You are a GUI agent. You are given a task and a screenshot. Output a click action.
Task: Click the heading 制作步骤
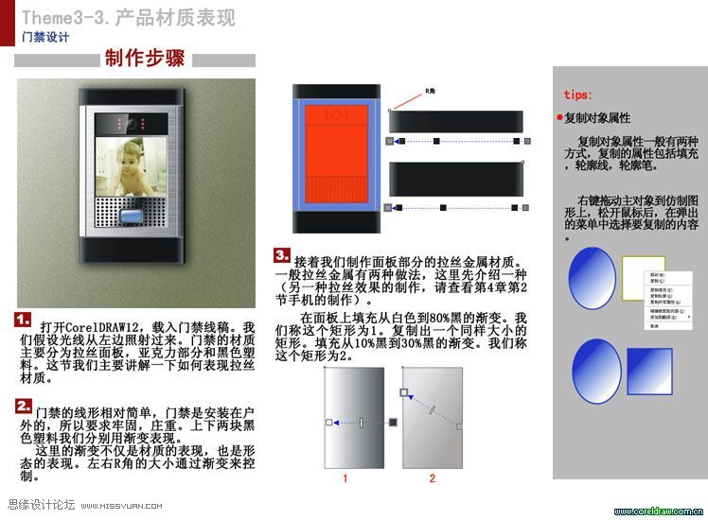pos(144,60)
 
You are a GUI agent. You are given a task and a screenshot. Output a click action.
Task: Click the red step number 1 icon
pos(25,320)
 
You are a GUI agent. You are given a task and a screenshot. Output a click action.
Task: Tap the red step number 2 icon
pos(25,406)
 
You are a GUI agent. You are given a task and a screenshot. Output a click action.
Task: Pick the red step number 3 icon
pos(282,254)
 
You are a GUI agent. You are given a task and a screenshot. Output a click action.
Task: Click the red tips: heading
pos(578,95)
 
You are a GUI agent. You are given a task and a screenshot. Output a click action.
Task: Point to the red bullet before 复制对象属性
pos(559,118)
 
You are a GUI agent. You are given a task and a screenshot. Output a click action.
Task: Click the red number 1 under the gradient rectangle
pos(345,478)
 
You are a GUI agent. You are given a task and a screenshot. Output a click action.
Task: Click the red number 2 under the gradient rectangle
pos(433,478)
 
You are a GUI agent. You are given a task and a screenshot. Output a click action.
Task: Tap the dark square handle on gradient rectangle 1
pos(393,422)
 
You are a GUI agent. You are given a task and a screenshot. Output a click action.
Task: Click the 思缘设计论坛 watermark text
pos(40,506)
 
